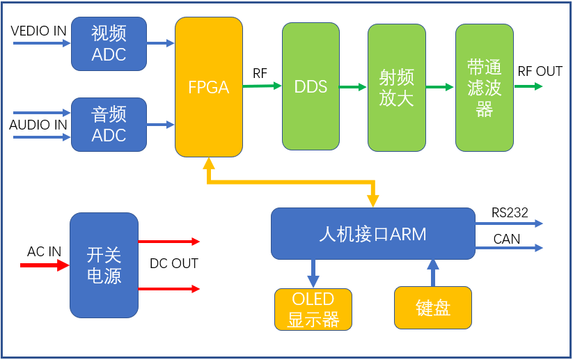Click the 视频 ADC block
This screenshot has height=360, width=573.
coord(109,44)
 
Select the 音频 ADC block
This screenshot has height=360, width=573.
coord(109,125)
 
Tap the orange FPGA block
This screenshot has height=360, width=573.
coord(208,87)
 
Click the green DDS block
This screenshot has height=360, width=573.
coord(311,87)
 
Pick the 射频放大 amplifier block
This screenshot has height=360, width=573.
coord(396,87)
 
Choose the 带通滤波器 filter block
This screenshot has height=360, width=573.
coord(485,87)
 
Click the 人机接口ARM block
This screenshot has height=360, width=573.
coord(372,233)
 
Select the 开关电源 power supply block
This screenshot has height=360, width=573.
coord(104,265)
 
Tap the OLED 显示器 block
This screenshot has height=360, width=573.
coord(313,309)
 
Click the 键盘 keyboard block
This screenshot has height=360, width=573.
coord(432,308)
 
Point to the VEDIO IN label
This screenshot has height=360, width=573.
coord(39,31)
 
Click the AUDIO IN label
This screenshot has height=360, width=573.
coord(38,125)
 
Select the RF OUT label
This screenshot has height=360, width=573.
coord(540,72)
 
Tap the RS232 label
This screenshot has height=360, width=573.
coord(510,212)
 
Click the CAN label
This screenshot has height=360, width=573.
coord(506,239)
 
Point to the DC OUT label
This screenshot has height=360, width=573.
coord(174,264)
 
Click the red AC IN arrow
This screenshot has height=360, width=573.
coord(45,265)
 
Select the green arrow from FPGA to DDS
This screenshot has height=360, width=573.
coord(262,86)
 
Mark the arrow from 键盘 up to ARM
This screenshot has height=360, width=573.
coord(433,272)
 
